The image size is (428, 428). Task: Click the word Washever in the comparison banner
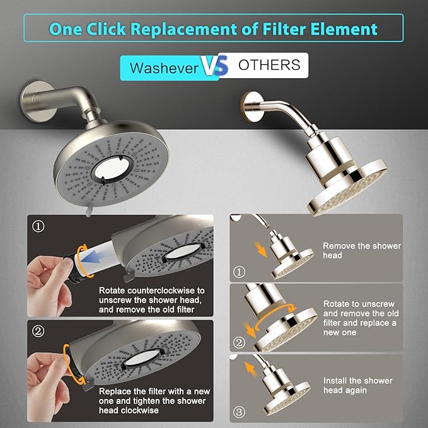164,67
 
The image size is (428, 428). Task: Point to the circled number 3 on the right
238,413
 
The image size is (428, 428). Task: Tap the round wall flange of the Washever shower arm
32,100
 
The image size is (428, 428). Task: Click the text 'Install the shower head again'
357,386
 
